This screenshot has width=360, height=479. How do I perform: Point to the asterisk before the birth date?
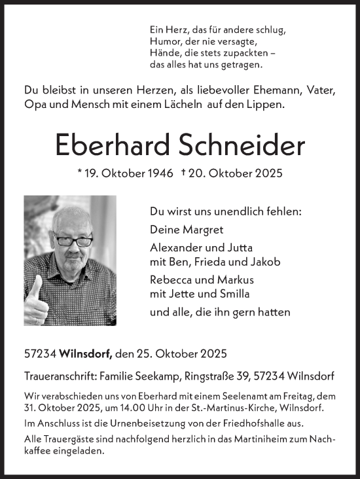pos(79,173)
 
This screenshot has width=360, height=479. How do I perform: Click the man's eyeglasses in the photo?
pos(73,241)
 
